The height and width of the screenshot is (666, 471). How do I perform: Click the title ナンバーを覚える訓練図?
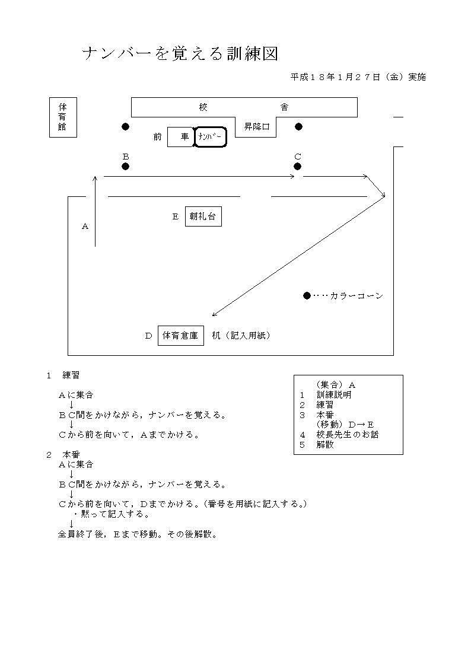pos(180,54)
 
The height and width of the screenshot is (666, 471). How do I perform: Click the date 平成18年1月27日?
pos(336,77)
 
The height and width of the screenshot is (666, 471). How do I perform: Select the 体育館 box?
pos(63,117)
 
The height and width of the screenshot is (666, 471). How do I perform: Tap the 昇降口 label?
pos(256,126)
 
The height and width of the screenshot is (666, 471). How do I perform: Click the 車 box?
pos(180,137)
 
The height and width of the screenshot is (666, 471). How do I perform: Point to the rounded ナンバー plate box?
pos(210,137)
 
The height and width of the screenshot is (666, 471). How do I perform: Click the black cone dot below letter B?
pos(125,167)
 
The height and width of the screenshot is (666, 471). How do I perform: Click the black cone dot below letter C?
pos(297,167)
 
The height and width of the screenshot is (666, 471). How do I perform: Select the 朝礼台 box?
pos(203,216)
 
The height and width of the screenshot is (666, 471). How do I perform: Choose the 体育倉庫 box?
pos(180,336)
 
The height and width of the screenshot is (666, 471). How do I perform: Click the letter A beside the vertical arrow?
pos(85,227)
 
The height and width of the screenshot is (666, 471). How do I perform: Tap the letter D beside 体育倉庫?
pos(148,336)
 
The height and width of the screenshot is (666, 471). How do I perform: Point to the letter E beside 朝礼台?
pos(176,216)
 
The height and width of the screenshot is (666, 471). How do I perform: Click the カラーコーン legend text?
pos(357,296)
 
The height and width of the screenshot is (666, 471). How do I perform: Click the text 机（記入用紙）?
pos(241,336)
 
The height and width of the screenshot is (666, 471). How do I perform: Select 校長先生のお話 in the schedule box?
pos(348,435)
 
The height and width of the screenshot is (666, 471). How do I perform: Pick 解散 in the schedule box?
pos(325,445)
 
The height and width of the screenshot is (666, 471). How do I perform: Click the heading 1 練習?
pos(63,375)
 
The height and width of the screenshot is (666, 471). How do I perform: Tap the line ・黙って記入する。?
pos(112,514)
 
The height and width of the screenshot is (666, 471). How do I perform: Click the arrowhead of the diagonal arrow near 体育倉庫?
pos(214,315)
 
